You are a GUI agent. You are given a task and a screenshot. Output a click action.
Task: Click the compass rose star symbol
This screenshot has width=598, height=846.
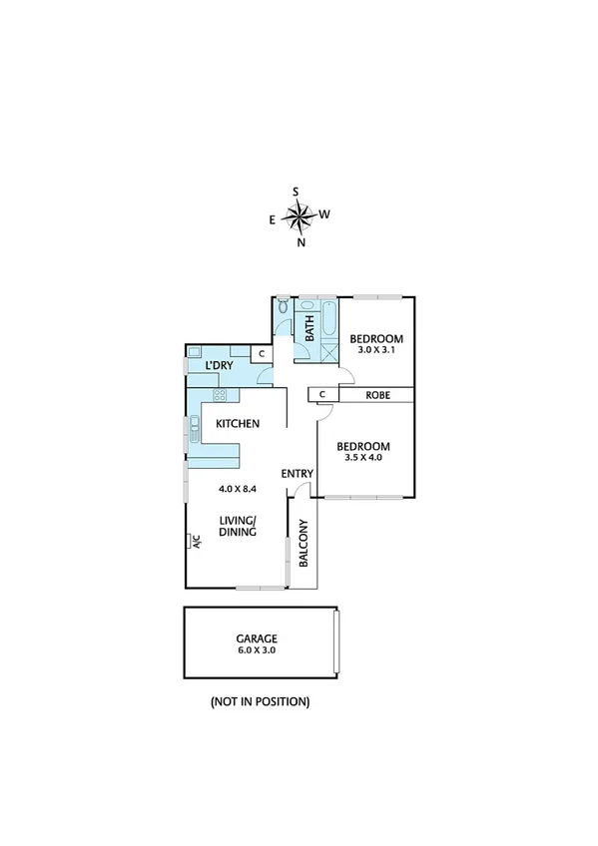(x=299, y=214)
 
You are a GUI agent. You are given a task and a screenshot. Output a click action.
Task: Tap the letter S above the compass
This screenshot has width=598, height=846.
(x=296, y=192)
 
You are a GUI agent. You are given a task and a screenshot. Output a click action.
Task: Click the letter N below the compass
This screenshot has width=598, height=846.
(x=301, y=240)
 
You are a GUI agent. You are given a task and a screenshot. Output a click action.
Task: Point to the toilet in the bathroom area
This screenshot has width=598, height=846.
(x=284, y=305)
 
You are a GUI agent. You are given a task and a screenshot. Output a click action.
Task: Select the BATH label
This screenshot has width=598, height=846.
(x=309, y=327)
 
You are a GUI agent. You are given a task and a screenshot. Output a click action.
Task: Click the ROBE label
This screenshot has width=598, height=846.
(x=377, y=395)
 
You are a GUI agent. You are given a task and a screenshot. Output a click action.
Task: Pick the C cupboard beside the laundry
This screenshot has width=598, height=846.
(x=261, y=353)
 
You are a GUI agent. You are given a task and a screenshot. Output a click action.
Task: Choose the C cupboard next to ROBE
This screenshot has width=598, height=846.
(x=322, y=395)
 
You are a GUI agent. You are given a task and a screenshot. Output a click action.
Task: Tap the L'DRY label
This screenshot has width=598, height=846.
(x=219, y=367)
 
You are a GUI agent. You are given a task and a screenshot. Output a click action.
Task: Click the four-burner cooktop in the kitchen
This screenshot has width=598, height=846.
(x=219, y=393)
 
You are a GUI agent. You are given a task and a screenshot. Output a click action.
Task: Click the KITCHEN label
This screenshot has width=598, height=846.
(x=239, y=424)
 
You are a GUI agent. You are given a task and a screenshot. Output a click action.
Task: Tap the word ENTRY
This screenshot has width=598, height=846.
(x=298, y=474)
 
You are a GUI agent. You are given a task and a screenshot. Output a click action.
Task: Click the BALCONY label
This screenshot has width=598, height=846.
(x=303, y=545)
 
